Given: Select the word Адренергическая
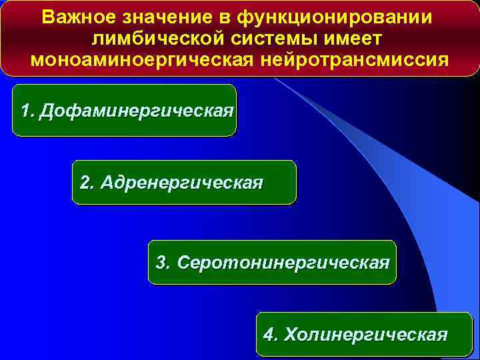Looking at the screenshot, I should click(x=182, y=183).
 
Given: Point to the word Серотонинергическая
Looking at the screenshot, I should click(x=283, y=262).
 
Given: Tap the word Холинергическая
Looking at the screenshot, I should click(x=366, y=334).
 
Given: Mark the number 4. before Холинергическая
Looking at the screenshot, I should click(x=271, y=334).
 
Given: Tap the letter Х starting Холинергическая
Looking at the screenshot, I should click(x=291, y=334).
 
